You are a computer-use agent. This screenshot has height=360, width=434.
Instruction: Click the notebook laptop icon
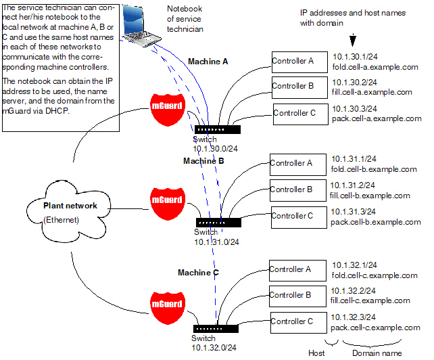point(141,26)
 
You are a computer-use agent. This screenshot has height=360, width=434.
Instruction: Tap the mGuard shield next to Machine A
point(167,110)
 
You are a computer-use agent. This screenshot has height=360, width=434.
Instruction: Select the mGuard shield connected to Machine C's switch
point(167,308)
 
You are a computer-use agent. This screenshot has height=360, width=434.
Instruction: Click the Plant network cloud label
point(70,206)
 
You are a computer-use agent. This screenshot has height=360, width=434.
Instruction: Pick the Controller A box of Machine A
point(299,62)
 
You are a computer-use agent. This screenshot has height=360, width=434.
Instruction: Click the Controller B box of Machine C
point(297,296)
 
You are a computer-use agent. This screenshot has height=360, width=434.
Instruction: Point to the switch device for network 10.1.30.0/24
point(218,129)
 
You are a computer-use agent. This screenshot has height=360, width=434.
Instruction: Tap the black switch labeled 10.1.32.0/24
point(216,329)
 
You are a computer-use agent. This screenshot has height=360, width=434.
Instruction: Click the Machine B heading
point(203,161)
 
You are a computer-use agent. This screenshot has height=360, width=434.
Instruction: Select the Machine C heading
point(198,273)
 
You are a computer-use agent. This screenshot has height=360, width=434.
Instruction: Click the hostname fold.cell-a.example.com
point(375,67)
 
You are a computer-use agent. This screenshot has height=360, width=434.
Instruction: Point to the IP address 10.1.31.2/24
point(353,185)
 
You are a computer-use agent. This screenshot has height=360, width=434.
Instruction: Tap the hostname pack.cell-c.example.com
point(375,328)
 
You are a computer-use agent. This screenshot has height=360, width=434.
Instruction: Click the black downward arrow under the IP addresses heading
point(353,40)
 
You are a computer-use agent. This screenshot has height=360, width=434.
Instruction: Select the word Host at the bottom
point(316,353)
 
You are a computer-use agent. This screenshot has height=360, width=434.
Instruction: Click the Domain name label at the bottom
point(377,353)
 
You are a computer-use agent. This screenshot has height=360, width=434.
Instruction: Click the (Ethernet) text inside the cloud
point(61,220)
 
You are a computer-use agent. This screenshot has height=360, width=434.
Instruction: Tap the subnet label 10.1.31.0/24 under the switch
point(217,242)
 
